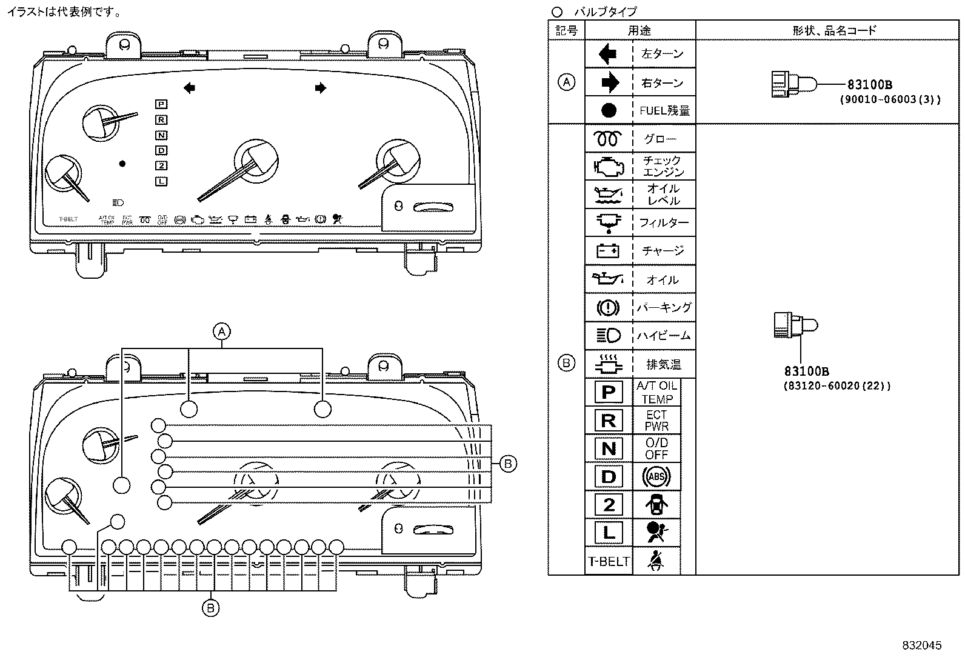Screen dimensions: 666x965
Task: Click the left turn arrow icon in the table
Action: pyautogui.click(x=608, y=55)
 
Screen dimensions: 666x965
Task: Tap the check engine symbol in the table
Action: pyautogui.click(x=608, y=166)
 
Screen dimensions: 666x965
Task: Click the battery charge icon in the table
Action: pyautogui.click(x=608, y=250)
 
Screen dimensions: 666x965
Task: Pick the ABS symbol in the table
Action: pyautogui.click(x=656, y=477)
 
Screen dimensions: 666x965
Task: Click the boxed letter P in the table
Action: pyautogui.click(x=608, y=392)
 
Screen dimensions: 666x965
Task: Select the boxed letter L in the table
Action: pyautogui.click(x=608, y=533)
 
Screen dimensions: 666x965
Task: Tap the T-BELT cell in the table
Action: pyautogui.click(x=608, y=561)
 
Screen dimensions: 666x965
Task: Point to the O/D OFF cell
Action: pyautogui.click(x=656, y=448)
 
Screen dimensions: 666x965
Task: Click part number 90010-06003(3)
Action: pyautogui.click(x=889, y=100)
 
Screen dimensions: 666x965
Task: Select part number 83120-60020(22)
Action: pyautogui.click(x=837, y=385)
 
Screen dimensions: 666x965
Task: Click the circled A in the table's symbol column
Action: pyautogui.click(x=566, y=82)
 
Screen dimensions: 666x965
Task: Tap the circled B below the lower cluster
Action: pyautogui.click(x=210, y=607)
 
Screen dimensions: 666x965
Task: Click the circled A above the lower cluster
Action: pyautogui.click(x=222, y=331)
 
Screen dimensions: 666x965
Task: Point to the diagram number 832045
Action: pyautogui.click(x=922, y=645)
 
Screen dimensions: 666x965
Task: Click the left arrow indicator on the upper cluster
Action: pyautogui.click(x=189, y=88)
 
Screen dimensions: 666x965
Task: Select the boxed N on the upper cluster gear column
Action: pyautogui.click(x=161, y=135)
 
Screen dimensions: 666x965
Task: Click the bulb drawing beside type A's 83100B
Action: pyautogui.click(x=793, y=84)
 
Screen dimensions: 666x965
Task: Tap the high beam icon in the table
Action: pyautogui.click(x=608, y=336)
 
